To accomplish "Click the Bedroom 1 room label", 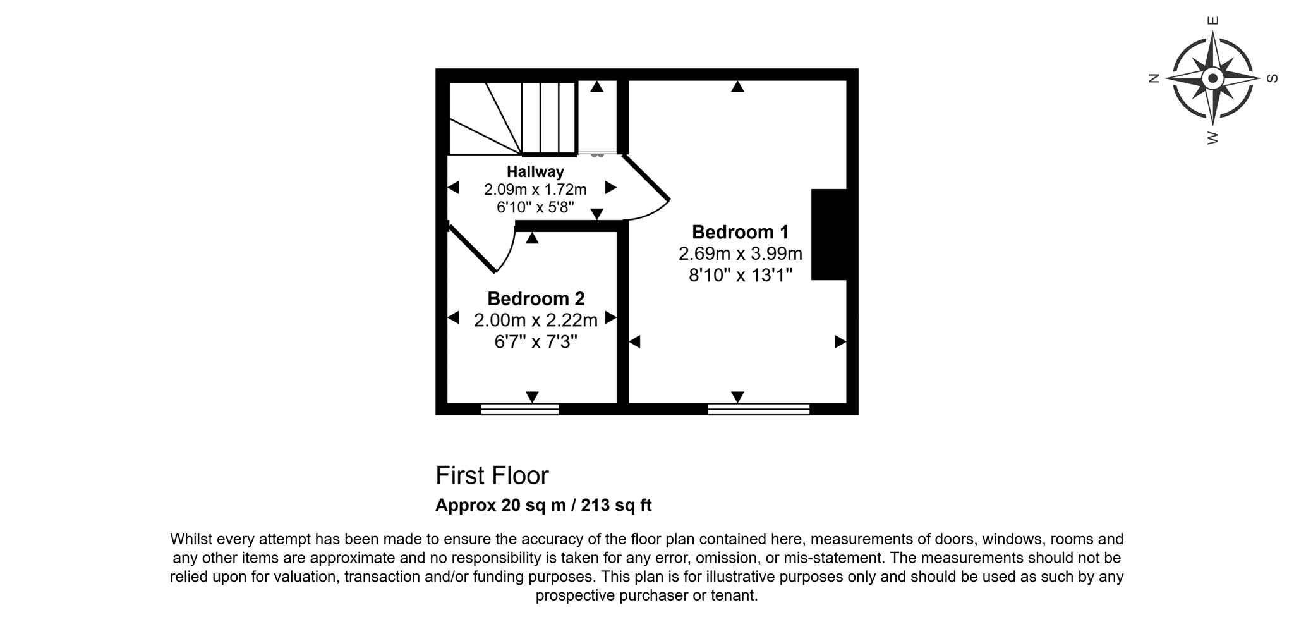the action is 740,232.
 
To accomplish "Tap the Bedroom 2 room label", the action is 536,298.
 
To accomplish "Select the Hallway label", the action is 535,171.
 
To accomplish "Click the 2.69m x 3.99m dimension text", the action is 741,253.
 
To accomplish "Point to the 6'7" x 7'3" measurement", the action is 536,342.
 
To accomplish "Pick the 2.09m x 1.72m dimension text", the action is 535,189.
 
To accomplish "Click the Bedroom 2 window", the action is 519,409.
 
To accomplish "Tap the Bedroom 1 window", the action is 758,409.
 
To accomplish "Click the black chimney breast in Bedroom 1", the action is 829,234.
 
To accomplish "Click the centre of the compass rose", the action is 1212,79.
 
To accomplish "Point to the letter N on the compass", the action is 1154,78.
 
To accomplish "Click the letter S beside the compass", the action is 1273,78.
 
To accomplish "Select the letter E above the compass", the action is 1212,20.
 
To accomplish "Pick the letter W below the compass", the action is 1212,137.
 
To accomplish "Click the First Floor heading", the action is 492,475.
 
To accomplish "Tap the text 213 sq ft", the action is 616,505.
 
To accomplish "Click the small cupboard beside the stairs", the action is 597,118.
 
